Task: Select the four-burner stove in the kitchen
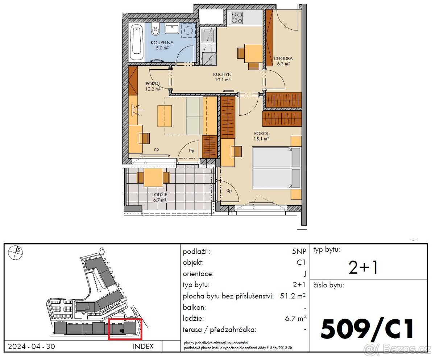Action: click(237, 17)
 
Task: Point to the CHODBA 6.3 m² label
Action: click(283, 61)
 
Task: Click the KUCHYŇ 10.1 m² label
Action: click(221, 77)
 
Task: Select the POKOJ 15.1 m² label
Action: click(261, 136)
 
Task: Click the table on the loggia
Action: click(153, 177)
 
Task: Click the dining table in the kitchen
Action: click(253, 53)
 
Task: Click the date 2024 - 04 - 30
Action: click(32, 346)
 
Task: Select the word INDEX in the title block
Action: click(143, 346)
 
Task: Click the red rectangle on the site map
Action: click(125, 329)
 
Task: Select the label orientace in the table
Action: click(198, 274)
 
